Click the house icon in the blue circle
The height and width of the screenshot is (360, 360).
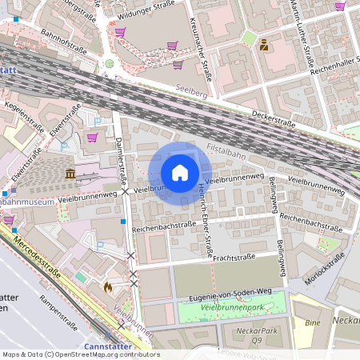click(180, 173)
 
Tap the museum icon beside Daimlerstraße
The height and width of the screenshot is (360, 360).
click(70, 174)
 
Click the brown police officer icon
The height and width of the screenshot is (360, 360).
click(264, 45)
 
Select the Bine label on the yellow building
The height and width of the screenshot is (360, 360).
click(313, 322)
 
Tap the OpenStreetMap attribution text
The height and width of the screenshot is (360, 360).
click(80, 354)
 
